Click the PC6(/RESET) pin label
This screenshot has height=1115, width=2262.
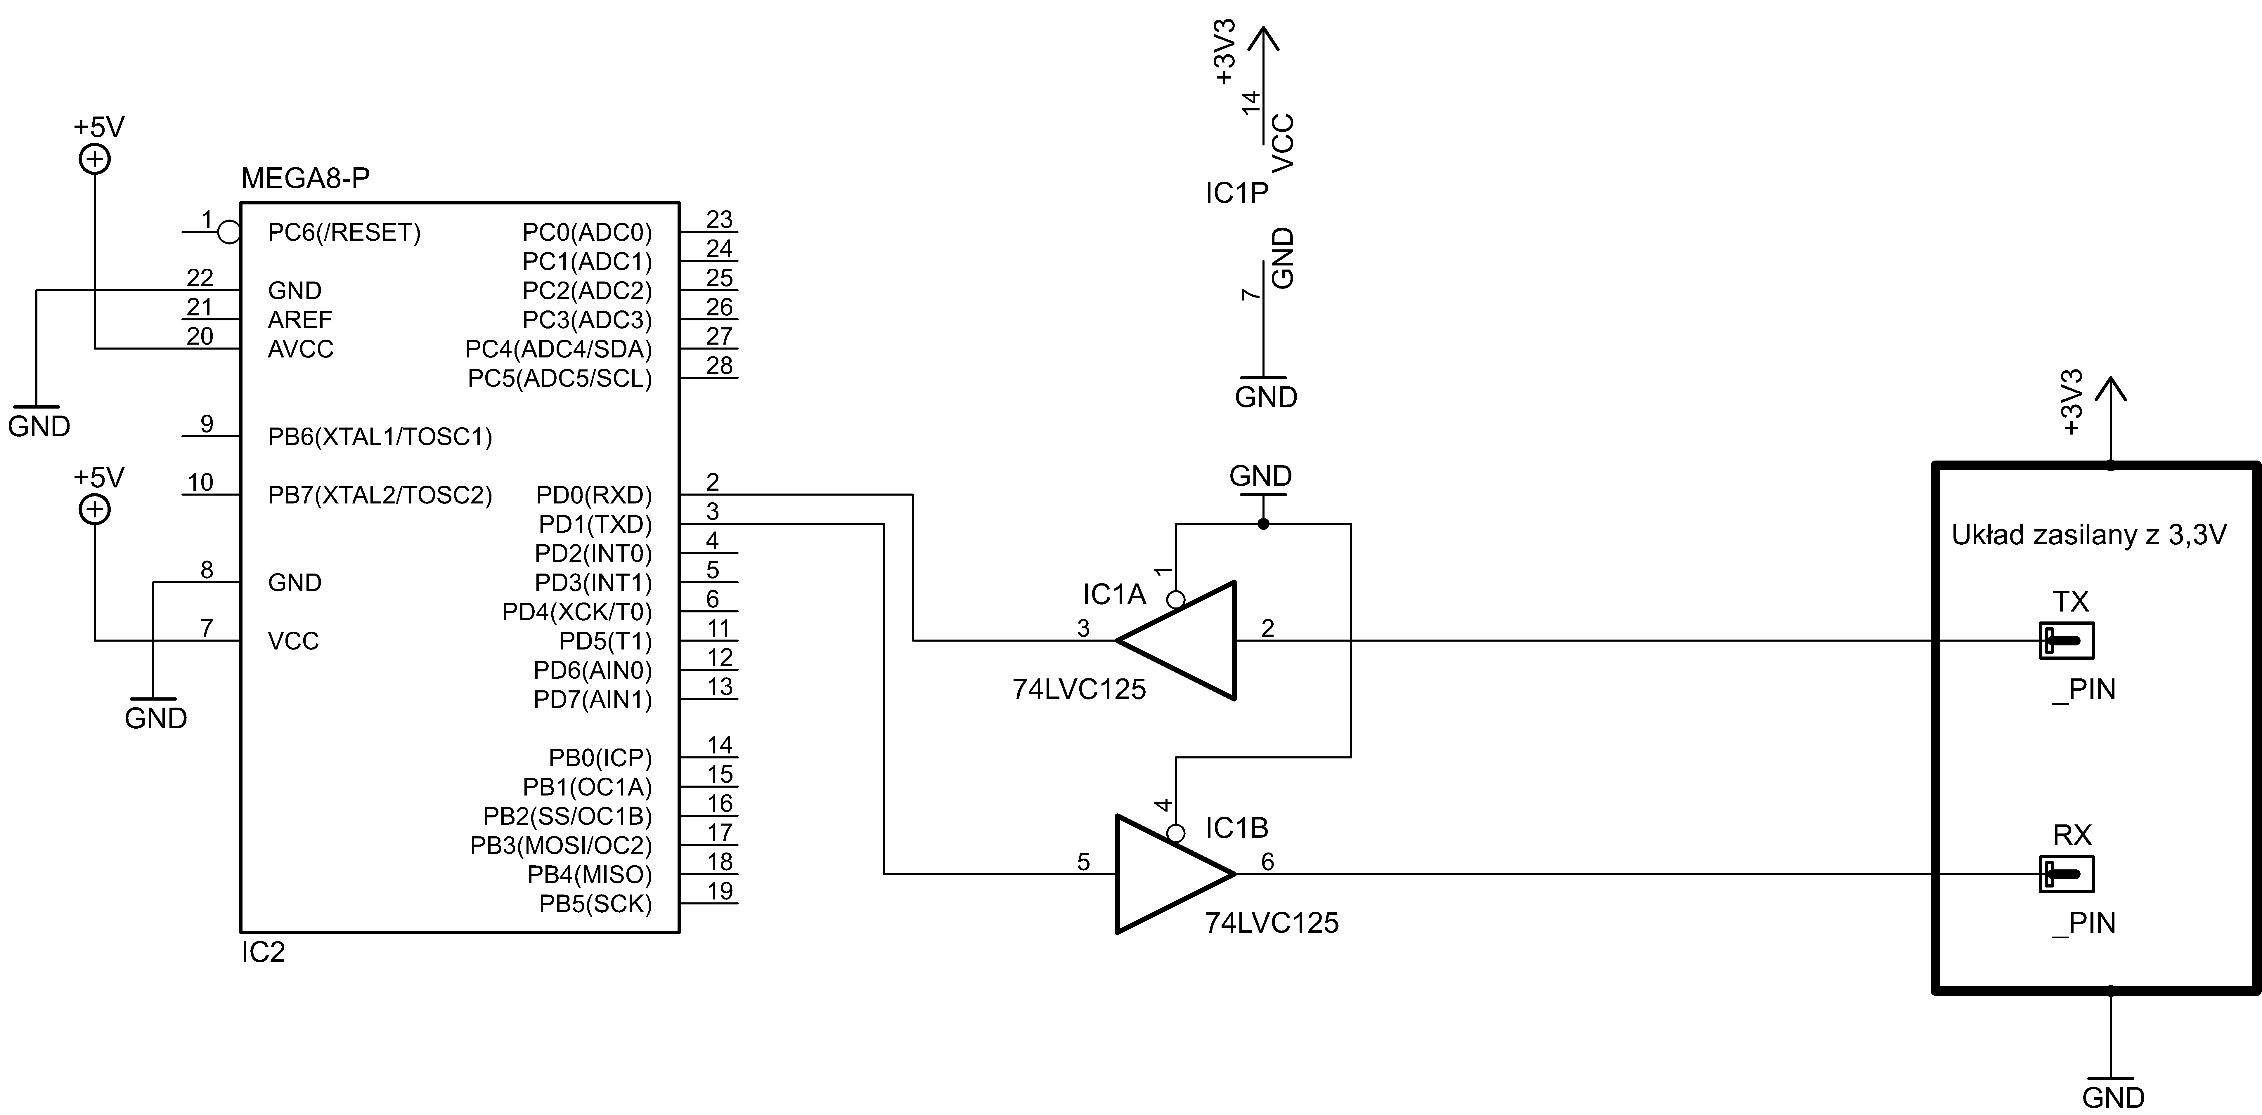point(344,233)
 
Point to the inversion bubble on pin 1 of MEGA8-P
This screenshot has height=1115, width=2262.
point(229,233)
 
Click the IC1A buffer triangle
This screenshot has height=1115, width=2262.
point(1185,641)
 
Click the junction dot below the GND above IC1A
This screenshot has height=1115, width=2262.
point(1263,524)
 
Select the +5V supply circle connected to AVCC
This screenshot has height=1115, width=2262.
point(95,160)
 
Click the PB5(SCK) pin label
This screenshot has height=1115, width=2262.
point(595,904)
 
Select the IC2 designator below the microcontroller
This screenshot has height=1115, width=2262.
point(263,953)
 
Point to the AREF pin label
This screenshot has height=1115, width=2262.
point(299,319)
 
